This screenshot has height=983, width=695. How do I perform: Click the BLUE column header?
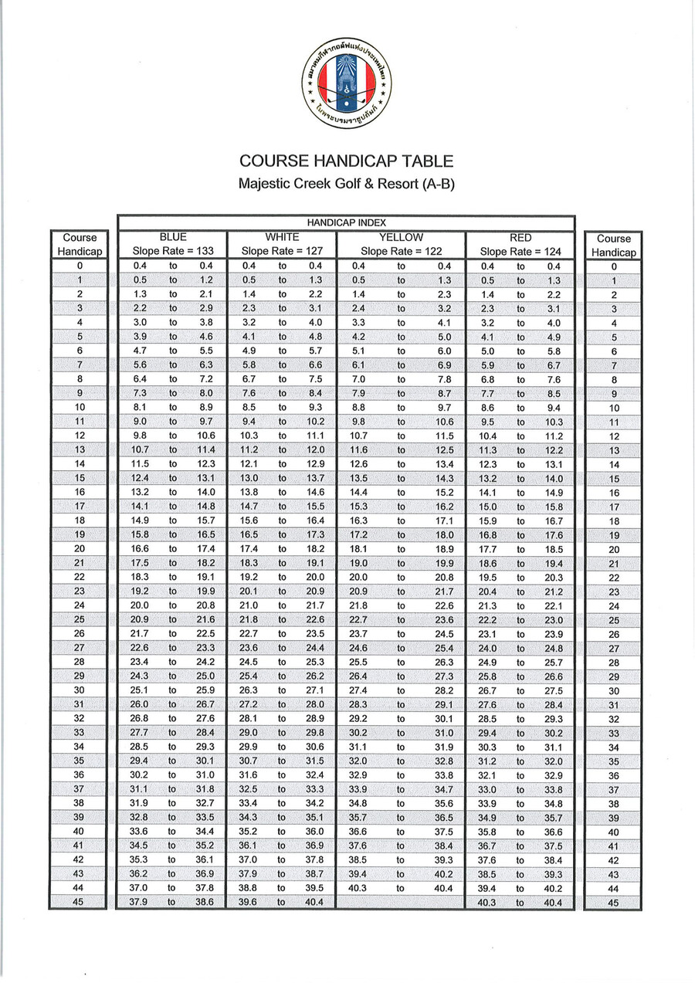[x=172, y=237]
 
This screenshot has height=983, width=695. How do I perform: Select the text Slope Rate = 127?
[x=282, y=251]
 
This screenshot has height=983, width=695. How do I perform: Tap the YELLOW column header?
[x=401, y=237]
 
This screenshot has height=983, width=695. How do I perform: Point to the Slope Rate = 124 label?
[x=520, y=251]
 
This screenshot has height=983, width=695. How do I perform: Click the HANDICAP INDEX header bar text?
[x=347, y=222]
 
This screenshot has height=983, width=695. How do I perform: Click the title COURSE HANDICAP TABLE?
[x=346, y=161]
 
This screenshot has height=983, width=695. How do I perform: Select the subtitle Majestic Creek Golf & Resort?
[x=346, y=185]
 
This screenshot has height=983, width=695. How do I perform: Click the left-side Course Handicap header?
[x=79, y=245]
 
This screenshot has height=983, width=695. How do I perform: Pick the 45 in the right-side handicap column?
[x=614, y=903]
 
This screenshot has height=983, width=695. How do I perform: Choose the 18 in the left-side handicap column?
[x=80, y=521]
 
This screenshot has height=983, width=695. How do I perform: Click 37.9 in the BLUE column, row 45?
[x=138, y=902]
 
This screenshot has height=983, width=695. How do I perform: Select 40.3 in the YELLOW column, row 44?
[x=358, y=888]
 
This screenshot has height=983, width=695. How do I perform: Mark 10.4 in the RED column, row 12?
[x=488, y=436]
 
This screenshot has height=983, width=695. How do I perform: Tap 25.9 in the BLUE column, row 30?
[x=205, y=690]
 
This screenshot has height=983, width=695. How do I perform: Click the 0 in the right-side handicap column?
[x=614, y=266]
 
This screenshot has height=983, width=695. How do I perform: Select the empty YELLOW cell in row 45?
[x=401, y=902]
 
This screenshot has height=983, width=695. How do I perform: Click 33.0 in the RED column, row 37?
[x=488, y=790]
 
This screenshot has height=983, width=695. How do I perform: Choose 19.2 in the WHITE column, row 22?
[x=249, y=577]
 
